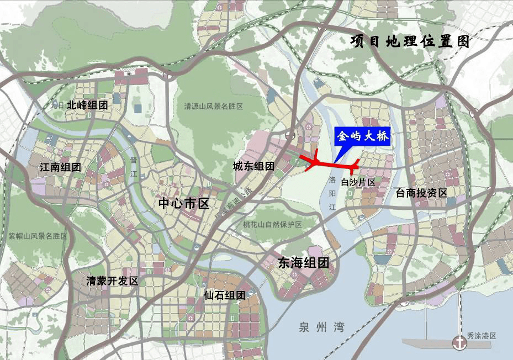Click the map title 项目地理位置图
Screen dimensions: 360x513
coord(410,42)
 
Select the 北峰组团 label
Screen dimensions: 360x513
coord(87,105)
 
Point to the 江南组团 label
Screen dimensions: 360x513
coord(61,167)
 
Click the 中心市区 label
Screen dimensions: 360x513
coord(184,203)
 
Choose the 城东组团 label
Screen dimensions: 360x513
coord(253,166)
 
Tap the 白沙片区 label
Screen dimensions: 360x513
coord(358,182)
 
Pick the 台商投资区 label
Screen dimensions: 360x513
coord(422,192)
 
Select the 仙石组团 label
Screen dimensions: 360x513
coord(224,295)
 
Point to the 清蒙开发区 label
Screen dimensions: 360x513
coord(112,280)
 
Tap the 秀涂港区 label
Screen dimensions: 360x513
coord(482,336)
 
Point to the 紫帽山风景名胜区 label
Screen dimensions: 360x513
coord(38,236)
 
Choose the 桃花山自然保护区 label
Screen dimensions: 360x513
coord(273,225)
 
